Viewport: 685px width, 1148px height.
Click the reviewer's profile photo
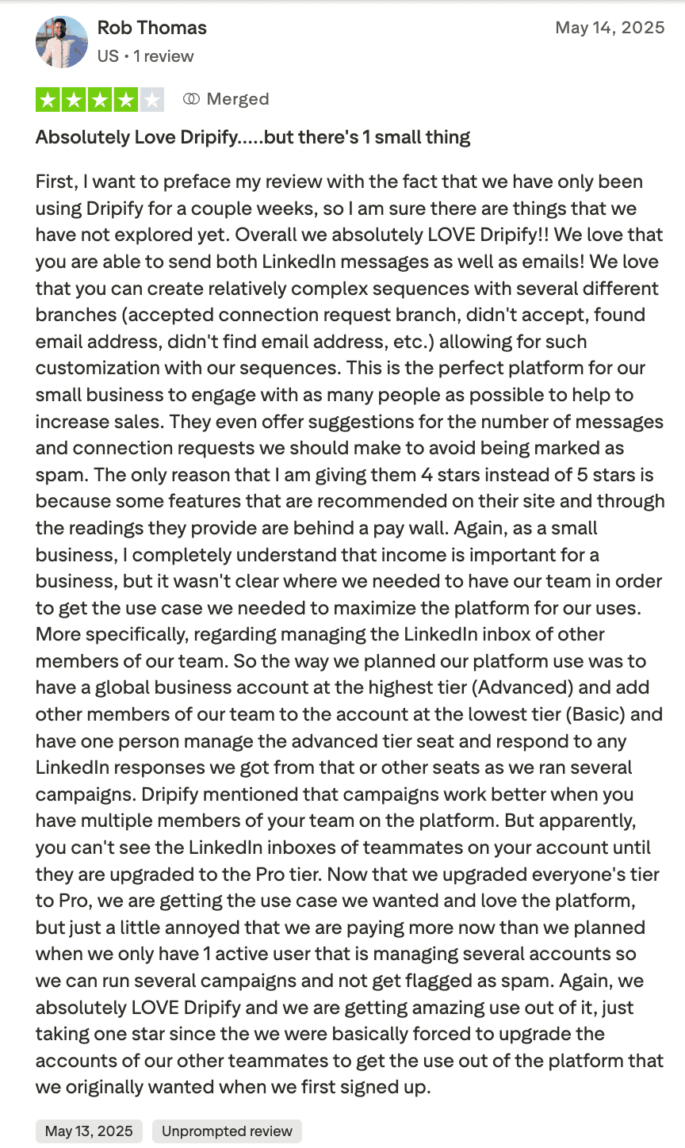click(x=62, y=41)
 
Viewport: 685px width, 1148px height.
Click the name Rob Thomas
click(x=151, y=28)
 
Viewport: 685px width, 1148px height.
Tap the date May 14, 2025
click(x=610, y=28)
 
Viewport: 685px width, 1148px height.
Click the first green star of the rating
click(x=48, y=100)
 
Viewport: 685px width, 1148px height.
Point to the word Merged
click(x=238, y=99)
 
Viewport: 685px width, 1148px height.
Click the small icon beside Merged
click(x=191, y=99)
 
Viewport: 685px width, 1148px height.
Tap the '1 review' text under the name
click(x=163, y=56)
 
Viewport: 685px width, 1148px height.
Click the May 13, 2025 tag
click(x=89, y=1131)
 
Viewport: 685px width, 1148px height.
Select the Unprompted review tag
click(x=227, y=1131)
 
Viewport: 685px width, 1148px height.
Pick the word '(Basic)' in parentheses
click(x=596, y=714)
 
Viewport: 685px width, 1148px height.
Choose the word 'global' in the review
click(x=117, y=687)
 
